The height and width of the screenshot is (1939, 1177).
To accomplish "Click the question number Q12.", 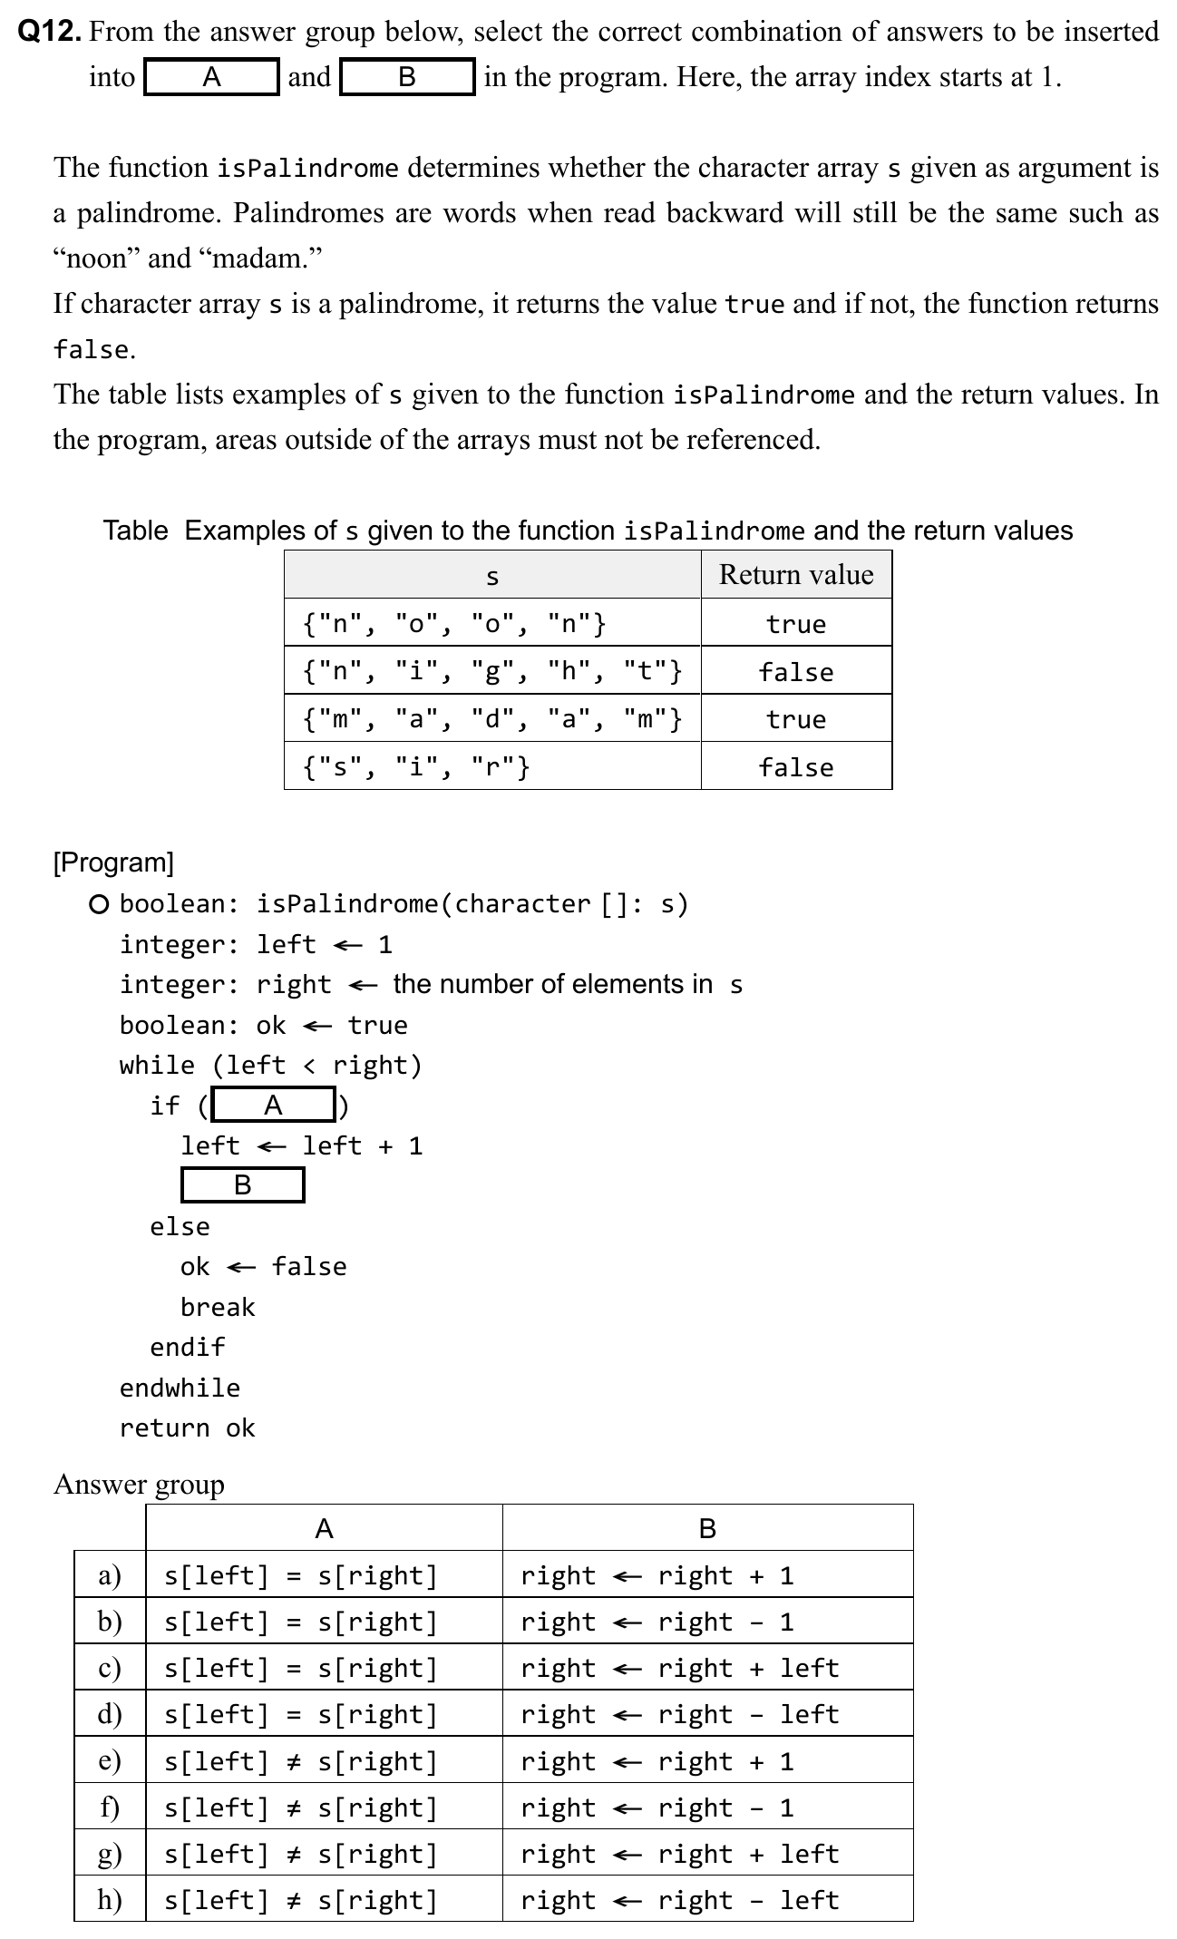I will tap(51, 33).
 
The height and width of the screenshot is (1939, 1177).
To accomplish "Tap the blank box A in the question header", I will tap(211, 77).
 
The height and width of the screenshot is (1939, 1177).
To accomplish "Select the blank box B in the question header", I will tap(407, 77).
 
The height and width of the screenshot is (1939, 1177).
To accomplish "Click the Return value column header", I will tap(795, 575).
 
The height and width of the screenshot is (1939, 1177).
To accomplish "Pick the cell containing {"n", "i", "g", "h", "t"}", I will tap(491, 671).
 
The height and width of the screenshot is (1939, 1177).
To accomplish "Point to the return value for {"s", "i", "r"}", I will tap(795, 767).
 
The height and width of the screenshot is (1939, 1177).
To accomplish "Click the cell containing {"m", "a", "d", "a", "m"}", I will tap(491, 719).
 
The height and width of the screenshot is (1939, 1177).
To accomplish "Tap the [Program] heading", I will tap(113, 862).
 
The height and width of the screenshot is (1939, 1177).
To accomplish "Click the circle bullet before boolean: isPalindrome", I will tap(100, 904).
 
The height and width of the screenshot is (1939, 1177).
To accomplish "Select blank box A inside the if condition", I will tap(273, 1106).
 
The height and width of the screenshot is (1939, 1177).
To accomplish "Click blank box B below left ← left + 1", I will tap(242, 1185).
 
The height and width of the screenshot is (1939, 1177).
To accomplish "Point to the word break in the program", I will tap(218, 1307).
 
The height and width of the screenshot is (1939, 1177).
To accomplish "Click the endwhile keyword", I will tap(180, 1388).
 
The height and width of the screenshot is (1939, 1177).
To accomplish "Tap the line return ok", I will tap(188, 1428).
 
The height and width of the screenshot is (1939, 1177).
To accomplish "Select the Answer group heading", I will tap(139, 1485).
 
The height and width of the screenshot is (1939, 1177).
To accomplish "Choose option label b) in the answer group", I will tap(110, 1622).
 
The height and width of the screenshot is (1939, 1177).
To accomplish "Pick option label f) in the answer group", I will tap(110, 1807).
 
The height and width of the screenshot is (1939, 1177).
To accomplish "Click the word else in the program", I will tap(180, 1226).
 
